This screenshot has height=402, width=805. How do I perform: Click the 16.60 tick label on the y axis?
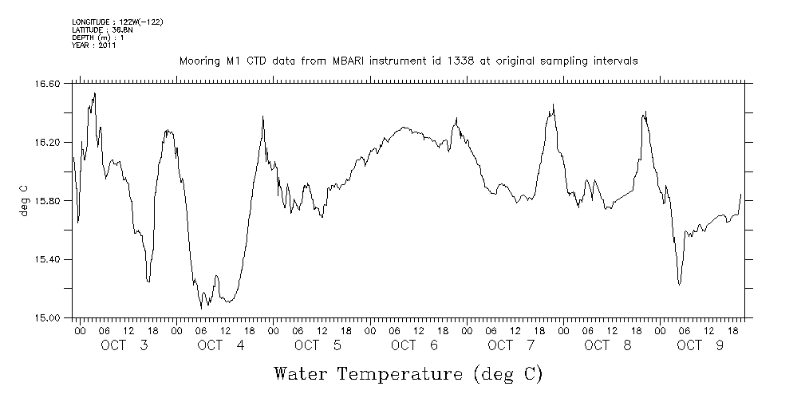[49, 83]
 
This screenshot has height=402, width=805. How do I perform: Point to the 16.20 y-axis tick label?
[49, 142]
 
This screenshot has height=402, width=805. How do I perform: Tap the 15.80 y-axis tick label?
[49, 201]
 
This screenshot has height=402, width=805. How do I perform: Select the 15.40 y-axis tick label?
[49, 260]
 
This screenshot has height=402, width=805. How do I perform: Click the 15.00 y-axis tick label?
[49, 318]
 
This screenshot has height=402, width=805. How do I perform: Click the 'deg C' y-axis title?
[25, 200]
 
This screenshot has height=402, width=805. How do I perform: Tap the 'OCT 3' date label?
[124, 345]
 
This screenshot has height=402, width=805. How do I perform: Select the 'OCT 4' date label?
[221, 345]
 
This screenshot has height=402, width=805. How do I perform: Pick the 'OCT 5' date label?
[318, 345]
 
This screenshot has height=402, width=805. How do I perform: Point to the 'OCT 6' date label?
[415, 345]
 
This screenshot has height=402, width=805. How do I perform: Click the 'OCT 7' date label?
[511, 345]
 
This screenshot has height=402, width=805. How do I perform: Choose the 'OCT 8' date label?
[608, 345]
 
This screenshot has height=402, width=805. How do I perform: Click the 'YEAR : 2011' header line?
[94, 45]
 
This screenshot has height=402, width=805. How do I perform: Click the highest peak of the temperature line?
[95, 93]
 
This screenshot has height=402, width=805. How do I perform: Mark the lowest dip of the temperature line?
[201, 307]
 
